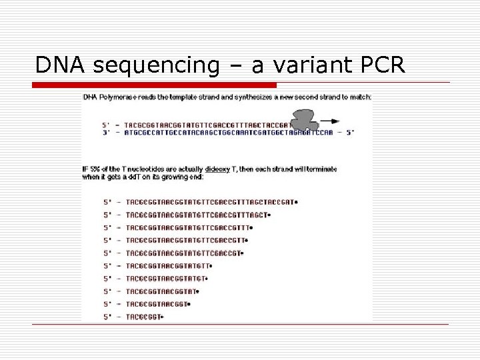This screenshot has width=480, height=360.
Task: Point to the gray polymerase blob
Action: (x=305, y=120)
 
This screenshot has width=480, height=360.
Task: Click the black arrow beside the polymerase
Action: (x=329, y=122)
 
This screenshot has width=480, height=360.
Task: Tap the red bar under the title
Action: (x=155, y=85)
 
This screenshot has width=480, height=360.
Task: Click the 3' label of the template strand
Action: (x=105, y=132)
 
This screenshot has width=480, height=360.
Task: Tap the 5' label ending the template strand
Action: (x=349, y=132)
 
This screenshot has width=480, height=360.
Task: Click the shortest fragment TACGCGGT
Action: (x=143, y=317)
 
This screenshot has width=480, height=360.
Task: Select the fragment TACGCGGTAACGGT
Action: (x=157, y=304)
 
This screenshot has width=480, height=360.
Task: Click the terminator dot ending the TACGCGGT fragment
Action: (x=163, y=317)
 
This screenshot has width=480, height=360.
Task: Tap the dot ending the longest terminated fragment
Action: (x=296, y=202)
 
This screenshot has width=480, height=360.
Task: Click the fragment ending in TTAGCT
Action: (x=196, y=215)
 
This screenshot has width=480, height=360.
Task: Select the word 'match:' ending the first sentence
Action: (x=361, y=97)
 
